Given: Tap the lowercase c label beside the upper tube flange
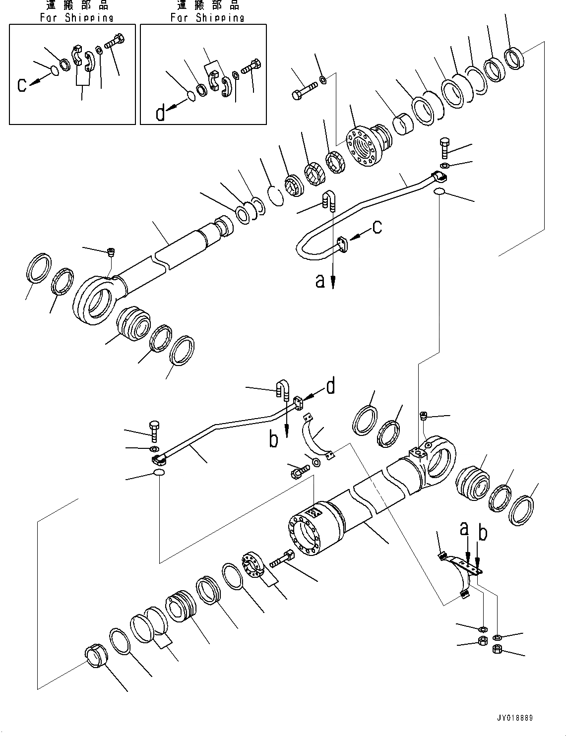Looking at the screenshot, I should click(x=377, y=227).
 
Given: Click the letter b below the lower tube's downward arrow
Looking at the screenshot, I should click(x=273, y=440).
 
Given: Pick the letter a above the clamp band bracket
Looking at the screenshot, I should click(x=464, y=529).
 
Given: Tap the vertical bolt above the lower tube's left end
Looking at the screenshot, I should click(x=153, y=430).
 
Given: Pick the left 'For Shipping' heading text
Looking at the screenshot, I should click(x=76, y=17).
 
